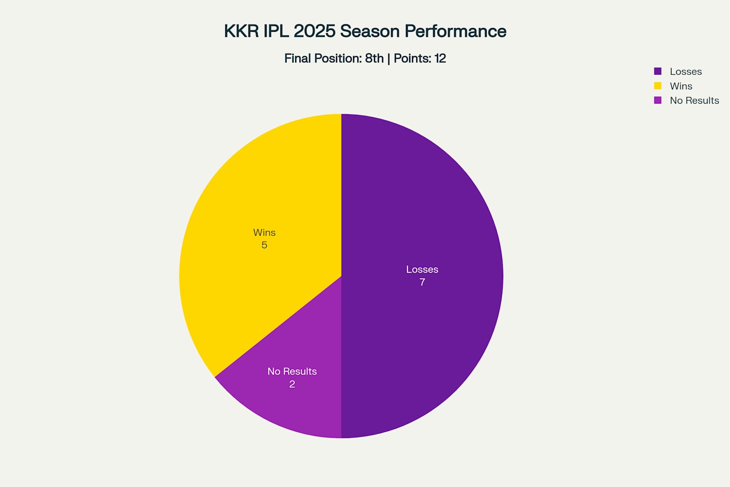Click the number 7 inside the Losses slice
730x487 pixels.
point(422,282)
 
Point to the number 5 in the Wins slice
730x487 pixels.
point(264,245)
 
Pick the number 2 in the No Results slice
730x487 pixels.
point(292,384)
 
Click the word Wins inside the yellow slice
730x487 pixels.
point(264,233)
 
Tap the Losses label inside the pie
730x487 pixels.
point(422,270)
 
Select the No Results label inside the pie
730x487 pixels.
point(292,371)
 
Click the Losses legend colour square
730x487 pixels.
point(658,71)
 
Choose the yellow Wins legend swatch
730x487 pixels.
point(658,86)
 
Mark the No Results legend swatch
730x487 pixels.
point(658,100)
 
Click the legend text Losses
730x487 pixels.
point(686,71)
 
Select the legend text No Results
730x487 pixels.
point(694,100)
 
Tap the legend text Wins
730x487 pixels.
point(681,86)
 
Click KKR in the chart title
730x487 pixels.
point(241,31)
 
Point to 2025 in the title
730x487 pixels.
point(315,31)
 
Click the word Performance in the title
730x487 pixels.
point(455,31)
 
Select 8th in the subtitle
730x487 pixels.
point(374,58)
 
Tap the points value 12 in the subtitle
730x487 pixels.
point(440,58)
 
